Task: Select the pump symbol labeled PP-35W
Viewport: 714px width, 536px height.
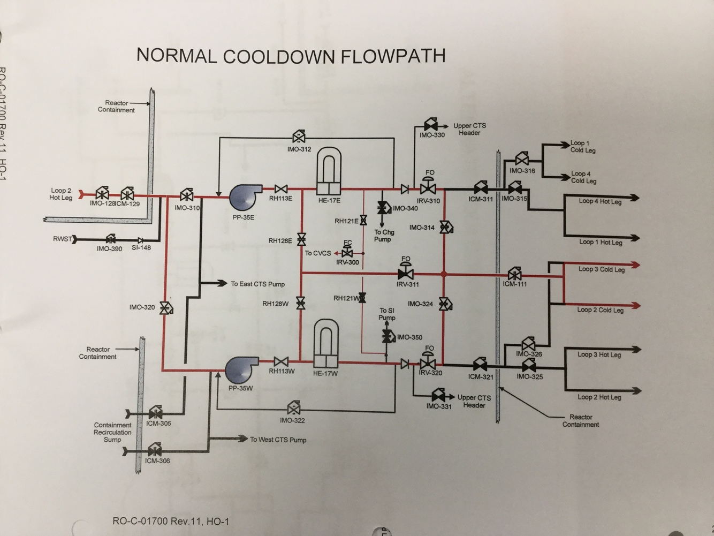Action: coord(239,370)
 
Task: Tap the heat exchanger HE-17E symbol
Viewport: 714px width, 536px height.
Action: coord(329,172)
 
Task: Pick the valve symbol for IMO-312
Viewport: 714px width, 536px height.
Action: coord(299,136)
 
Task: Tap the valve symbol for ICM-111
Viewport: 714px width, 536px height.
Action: coord(515,274)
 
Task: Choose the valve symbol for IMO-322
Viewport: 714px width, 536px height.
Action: coord(293,409)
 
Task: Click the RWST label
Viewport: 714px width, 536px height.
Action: coord(62,239)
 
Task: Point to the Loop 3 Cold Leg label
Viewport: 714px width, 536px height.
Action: coord(601,269)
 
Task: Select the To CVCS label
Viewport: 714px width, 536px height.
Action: coord(318,253)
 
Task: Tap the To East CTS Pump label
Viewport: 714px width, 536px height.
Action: coord(258,284)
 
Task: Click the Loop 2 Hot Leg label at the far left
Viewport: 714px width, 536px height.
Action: coord(61,194)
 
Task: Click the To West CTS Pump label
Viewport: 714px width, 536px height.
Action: coord(278,440)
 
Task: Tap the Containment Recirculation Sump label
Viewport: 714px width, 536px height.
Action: coord(112,432)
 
